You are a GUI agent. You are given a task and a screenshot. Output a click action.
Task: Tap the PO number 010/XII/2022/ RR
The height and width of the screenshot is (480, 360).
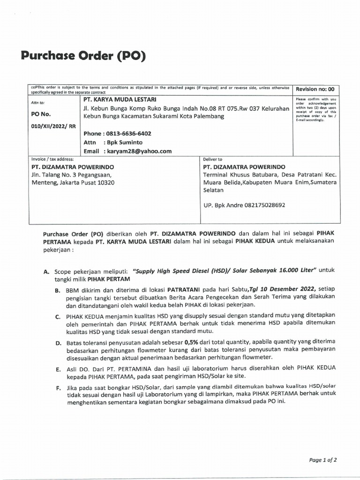coord(49,126)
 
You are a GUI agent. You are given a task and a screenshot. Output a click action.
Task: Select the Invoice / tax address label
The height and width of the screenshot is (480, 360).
coord(52,159)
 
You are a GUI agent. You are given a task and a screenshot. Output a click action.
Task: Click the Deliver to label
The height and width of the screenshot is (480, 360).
coord(212,159)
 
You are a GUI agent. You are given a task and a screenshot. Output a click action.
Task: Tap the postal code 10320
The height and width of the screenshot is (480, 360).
coord(105,183)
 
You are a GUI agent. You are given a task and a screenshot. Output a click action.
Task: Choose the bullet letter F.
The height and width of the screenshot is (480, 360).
coord(58,389)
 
